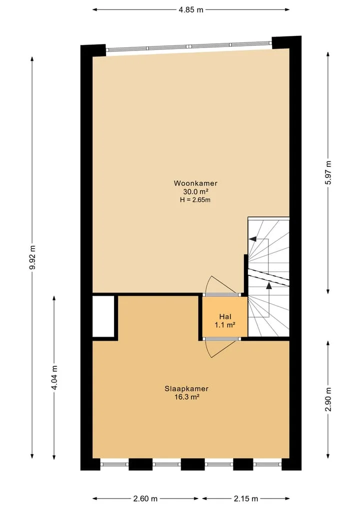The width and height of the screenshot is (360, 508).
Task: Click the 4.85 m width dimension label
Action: pos(191,9)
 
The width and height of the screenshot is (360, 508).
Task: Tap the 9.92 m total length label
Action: pos(32,258)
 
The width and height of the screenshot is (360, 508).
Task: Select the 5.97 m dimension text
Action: pos(328,173)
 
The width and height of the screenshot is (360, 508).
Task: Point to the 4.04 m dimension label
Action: pos(54,378)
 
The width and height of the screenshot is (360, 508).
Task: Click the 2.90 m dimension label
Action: pos(328,399)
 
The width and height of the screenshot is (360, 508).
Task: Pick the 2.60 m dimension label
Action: pos(145,499)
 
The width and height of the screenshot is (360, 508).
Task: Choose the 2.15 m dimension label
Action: pos(246,499)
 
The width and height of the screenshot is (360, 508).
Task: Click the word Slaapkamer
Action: pos(186,389)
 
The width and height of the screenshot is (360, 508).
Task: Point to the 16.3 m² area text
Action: pos(186,397)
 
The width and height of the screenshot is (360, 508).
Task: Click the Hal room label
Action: pos(225,317)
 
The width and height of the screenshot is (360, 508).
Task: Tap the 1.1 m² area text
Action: pos(225,325)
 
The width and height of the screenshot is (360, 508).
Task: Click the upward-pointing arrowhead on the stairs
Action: pos(269,285)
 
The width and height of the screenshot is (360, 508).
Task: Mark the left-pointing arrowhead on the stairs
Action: pos(252,239)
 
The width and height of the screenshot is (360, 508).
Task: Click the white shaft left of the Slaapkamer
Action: pos(103,316)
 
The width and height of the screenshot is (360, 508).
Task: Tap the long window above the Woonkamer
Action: pos(189,46)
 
